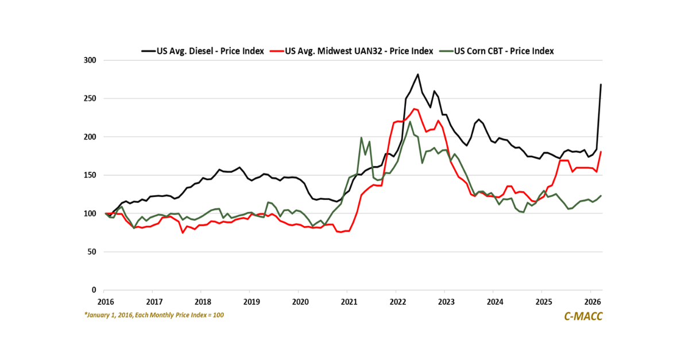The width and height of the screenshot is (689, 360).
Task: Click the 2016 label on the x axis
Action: tap(104, 301)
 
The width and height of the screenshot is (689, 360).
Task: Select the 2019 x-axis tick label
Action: tap(250, 301)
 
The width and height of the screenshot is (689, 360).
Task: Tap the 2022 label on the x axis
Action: tap(397, 301)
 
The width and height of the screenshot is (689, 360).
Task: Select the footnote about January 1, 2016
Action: tap(153, 315)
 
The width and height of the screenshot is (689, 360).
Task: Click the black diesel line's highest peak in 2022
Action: tap(417, 74)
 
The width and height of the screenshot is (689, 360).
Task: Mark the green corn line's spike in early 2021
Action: tap(361, 138)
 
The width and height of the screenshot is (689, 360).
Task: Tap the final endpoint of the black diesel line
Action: tap(601, 84)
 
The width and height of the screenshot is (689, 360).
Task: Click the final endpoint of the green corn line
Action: tap(601, 196)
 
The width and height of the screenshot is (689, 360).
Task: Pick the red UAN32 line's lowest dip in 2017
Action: tap(183, 233)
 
